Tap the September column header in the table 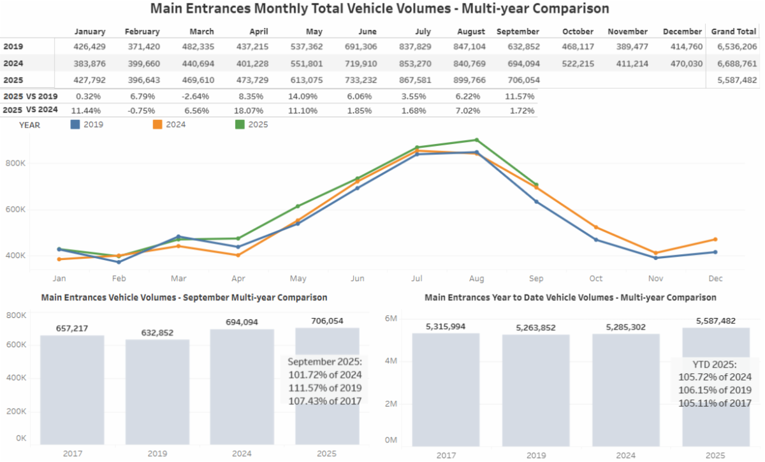click(518, 32)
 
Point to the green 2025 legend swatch click(240, 125)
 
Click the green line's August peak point click(477, 140)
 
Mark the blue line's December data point click(715, 252)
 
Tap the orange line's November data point click(655, 253)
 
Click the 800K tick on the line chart click(15, 164)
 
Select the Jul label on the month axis click(417, 278)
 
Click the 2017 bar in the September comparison click(72, 389)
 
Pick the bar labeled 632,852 click(157, 392)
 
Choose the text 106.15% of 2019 click(715, 390)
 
